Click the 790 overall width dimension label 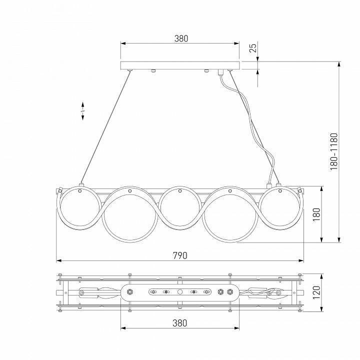tap(180, 255)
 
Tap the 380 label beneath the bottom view tap(180, 323)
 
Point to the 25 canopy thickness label tap(253, 48)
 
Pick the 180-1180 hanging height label tap(334, 152)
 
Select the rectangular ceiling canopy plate tap(180, 65)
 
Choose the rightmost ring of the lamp tap(281, 207)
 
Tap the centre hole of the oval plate tap(180, 291)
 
